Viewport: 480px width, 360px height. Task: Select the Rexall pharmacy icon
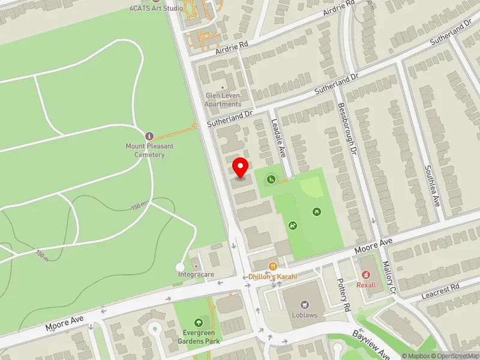pos(366,275)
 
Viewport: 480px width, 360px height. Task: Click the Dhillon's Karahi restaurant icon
pos(273,266)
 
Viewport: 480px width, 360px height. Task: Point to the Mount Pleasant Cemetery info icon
pos(149,136)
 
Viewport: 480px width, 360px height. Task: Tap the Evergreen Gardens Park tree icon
pos(199,323)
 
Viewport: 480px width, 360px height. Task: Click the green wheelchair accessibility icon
pos(271,178)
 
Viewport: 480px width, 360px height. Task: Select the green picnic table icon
pos(316,211)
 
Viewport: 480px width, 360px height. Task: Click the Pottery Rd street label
pos(344,295)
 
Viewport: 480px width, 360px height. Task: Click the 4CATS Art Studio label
pos(156,8)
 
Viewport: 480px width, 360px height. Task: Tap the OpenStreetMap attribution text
pos(455,356)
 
